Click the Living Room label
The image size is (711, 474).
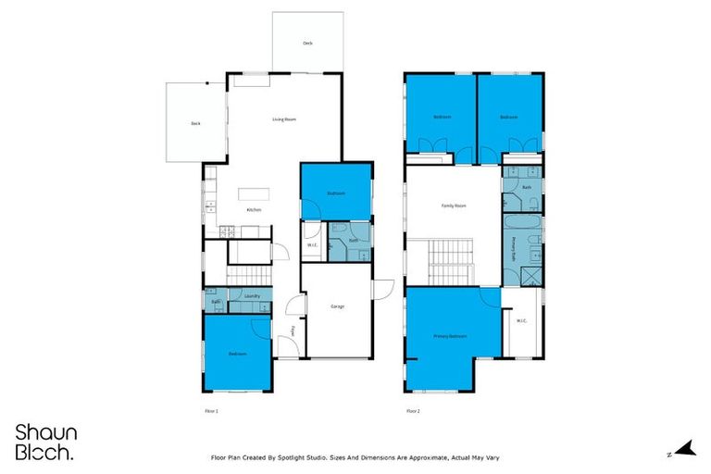click(x=283, y=119)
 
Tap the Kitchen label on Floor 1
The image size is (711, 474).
click(x=254, y=210)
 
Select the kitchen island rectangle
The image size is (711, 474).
click(x=253, y=193)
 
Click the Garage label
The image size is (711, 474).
click(x=338, y=306)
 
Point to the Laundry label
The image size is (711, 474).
click(x=252, y=296)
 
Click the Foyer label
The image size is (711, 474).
click(x=293, y=331)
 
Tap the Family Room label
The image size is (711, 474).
click(x=453, y=206)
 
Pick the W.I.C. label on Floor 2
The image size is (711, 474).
click(x=519, y=321)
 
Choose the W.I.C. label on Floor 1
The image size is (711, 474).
click(x=312, y=245)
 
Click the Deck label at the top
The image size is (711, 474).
click(x=307, y=44)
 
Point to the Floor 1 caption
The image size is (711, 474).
click(x=211, y=410)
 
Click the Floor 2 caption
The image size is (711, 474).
click(x=413, y=410)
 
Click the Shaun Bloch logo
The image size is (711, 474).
click(x=45, y=442)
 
